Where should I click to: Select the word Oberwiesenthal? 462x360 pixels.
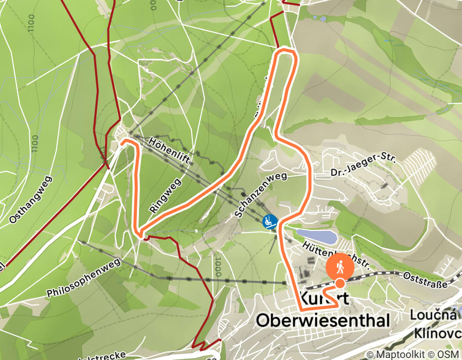coord(323,320)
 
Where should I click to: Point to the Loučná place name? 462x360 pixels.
coord(434,315)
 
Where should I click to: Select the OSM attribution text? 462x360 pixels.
coord(448,354)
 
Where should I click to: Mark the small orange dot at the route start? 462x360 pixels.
coord(340,283)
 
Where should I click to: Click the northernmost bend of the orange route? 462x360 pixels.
coord(286,50)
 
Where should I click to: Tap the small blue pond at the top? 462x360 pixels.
coord(322,19)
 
